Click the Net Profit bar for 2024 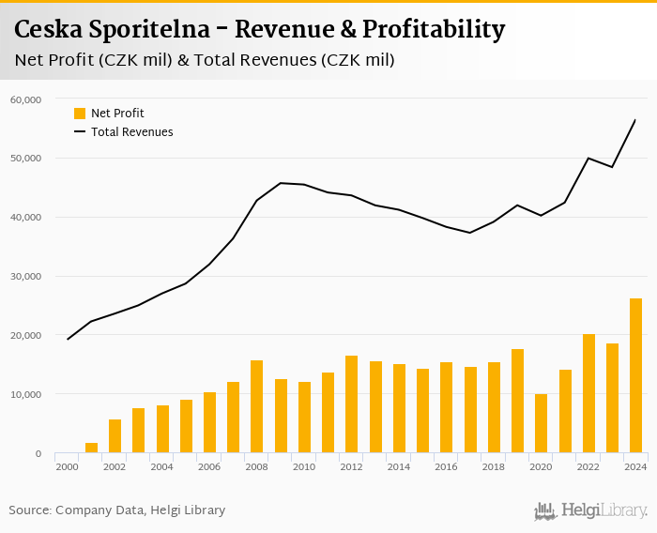pos(635,375)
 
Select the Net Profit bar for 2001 pos(91,448)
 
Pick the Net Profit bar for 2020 pos(541,423)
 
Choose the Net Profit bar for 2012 pos(351,404)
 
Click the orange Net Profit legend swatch pos(80,114)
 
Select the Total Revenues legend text pos(131,132)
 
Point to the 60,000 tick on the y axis pos(25,99)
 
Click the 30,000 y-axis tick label pos(25,276)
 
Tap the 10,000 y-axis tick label pos(25,394)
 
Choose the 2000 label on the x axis pos(67,466)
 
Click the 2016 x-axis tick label pos(446,466)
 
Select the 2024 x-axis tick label pos(635,466)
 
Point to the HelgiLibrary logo pos(590,510)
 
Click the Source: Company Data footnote pos(116,510)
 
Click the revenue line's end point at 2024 pos(635,120)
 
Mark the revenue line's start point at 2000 pos(68,339)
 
